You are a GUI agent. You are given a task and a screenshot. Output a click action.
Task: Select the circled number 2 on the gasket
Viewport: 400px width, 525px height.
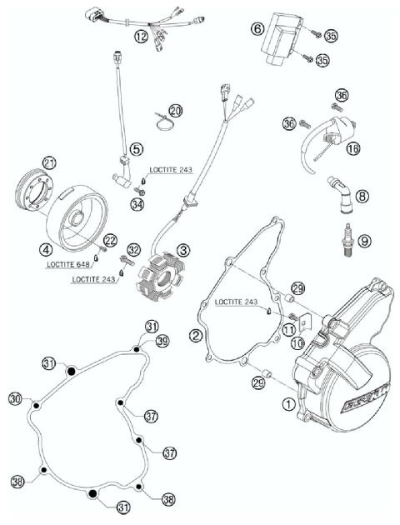pyautogui.click(x=196, y=335)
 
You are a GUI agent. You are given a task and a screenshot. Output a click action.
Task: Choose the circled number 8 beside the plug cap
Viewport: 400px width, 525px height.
pyautogui.click(x=361, y=196)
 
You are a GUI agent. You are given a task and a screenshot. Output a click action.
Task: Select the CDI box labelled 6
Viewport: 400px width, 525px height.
pyautogui.click(x=277, y=43)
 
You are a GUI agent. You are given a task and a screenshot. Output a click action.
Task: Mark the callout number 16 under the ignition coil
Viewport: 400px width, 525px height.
pyautogui.click(x=353, y=148)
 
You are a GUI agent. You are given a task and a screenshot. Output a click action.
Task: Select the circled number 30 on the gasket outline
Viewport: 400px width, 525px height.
pyautogui.click(x=15, y=399)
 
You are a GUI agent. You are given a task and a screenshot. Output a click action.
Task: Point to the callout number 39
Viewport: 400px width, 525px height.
pyautogui.click(x=162, y=341)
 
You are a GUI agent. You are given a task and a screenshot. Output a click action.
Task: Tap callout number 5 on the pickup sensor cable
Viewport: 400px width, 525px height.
pyautogui.click(x=137, y=149)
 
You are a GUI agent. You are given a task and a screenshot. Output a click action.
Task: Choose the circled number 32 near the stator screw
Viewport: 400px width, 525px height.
pyautogui.click(x=133, y=249)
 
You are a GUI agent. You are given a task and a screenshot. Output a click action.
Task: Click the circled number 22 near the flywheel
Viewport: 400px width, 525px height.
pyautogui.click(x=111, y=240)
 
